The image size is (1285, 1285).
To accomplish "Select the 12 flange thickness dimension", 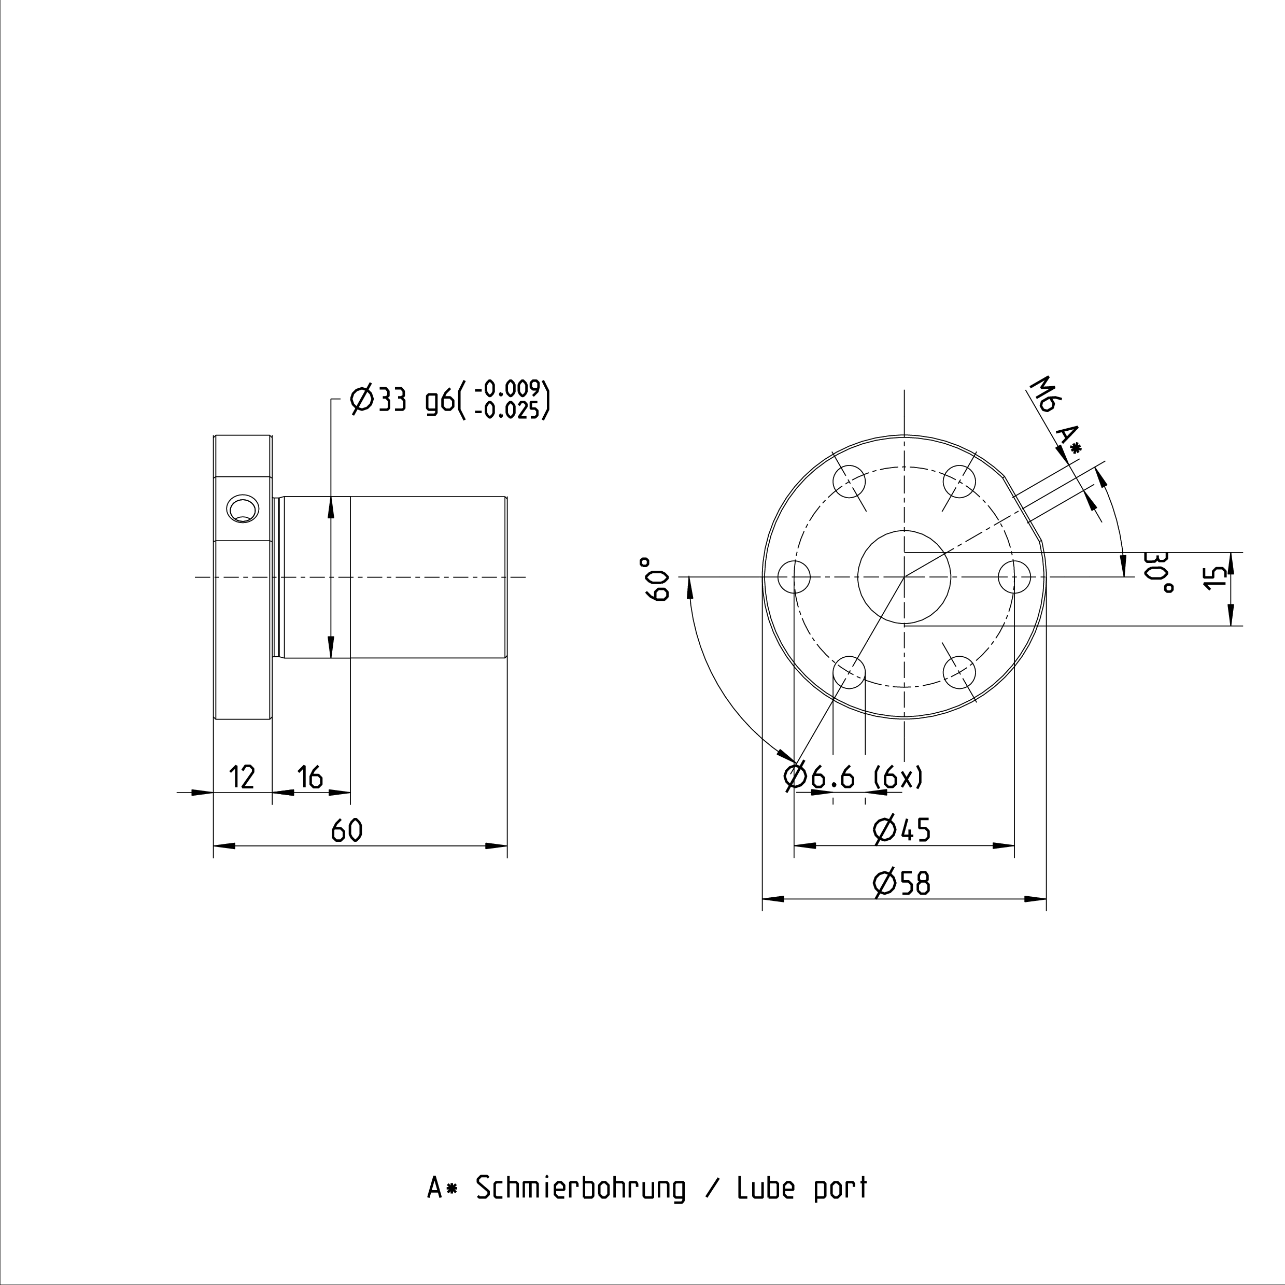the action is [242, 777].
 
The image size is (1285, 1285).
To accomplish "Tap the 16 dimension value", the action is [310, 777].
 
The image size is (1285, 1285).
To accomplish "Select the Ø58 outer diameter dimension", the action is [901, 883].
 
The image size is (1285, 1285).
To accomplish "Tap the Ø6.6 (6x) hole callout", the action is [855, 777].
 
